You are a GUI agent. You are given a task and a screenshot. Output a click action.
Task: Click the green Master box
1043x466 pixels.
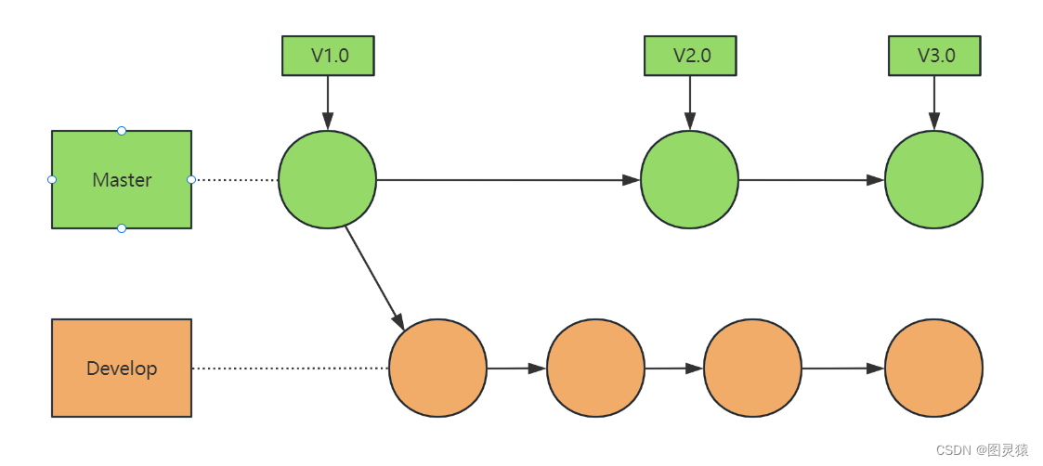tap(121, 179)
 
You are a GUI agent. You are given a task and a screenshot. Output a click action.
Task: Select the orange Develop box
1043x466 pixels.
tap(121, 368)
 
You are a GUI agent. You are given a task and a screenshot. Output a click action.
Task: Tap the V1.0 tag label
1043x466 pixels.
tap(328, 55)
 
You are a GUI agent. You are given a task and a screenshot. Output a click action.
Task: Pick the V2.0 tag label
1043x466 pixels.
tap(690, 55)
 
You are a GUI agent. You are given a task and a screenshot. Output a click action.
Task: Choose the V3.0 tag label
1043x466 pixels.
tap(934, 55)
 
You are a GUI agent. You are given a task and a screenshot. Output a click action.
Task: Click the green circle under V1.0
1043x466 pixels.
tap(327, 179)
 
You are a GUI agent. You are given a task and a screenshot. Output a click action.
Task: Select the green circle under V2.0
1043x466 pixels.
tap(689, 179)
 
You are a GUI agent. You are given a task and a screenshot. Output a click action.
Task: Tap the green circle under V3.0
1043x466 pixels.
tap(933, 179)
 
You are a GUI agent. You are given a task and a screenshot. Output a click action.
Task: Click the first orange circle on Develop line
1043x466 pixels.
tap(437, 369)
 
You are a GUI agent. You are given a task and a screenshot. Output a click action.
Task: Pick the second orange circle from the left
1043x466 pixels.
tap(595, 369)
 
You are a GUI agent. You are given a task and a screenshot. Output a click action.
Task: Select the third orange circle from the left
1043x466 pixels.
tap(752, 369)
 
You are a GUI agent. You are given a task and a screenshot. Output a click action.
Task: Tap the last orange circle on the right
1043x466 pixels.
tap(933, 369)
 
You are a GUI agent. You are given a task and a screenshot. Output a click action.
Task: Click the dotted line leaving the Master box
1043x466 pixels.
tap(235, 179)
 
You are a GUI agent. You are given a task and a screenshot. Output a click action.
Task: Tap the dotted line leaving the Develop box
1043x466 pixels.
tap(290, 369)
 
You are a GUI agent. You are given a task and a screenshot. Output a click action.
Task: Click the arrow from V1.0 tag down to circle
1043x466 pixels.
tap(328, 102)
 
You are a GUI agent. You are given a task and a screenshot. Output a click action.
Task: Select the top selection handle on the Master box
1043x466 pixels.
tap(122, 131)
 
